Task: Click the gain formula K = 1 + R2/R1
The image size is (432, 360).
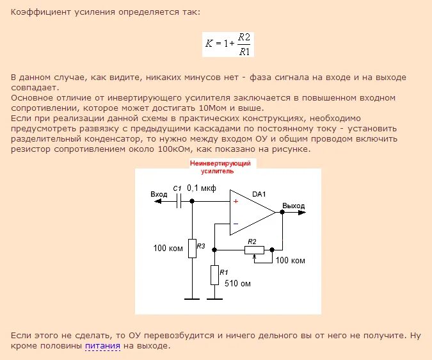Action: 229,44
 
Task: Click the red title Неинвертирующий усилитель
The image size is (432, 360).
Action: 222,167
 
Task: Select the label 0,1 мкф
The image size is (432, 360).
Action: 201,188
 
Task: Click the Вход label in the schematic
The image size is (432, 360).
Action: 158,194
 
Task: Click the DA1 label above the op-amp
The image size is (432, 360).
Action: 259,193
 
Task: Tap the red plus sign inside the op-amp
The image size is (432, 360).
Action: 236,202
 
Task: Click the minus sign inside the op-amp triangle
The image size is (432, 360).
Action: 236,224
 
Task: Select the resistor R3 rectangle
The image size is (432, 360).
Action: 192,248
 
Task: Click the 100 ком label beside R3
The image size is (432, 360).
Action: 168,247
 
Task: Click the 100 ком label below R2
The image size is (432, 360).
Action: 290,261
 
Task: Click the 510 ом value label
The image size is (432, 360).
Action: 237,283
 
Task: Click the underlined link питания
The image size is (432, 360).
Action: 102,346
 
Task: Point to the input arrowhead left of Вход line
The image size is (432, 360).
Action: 155,201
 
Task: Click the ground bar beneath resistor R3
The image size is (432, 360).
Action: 192,299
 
